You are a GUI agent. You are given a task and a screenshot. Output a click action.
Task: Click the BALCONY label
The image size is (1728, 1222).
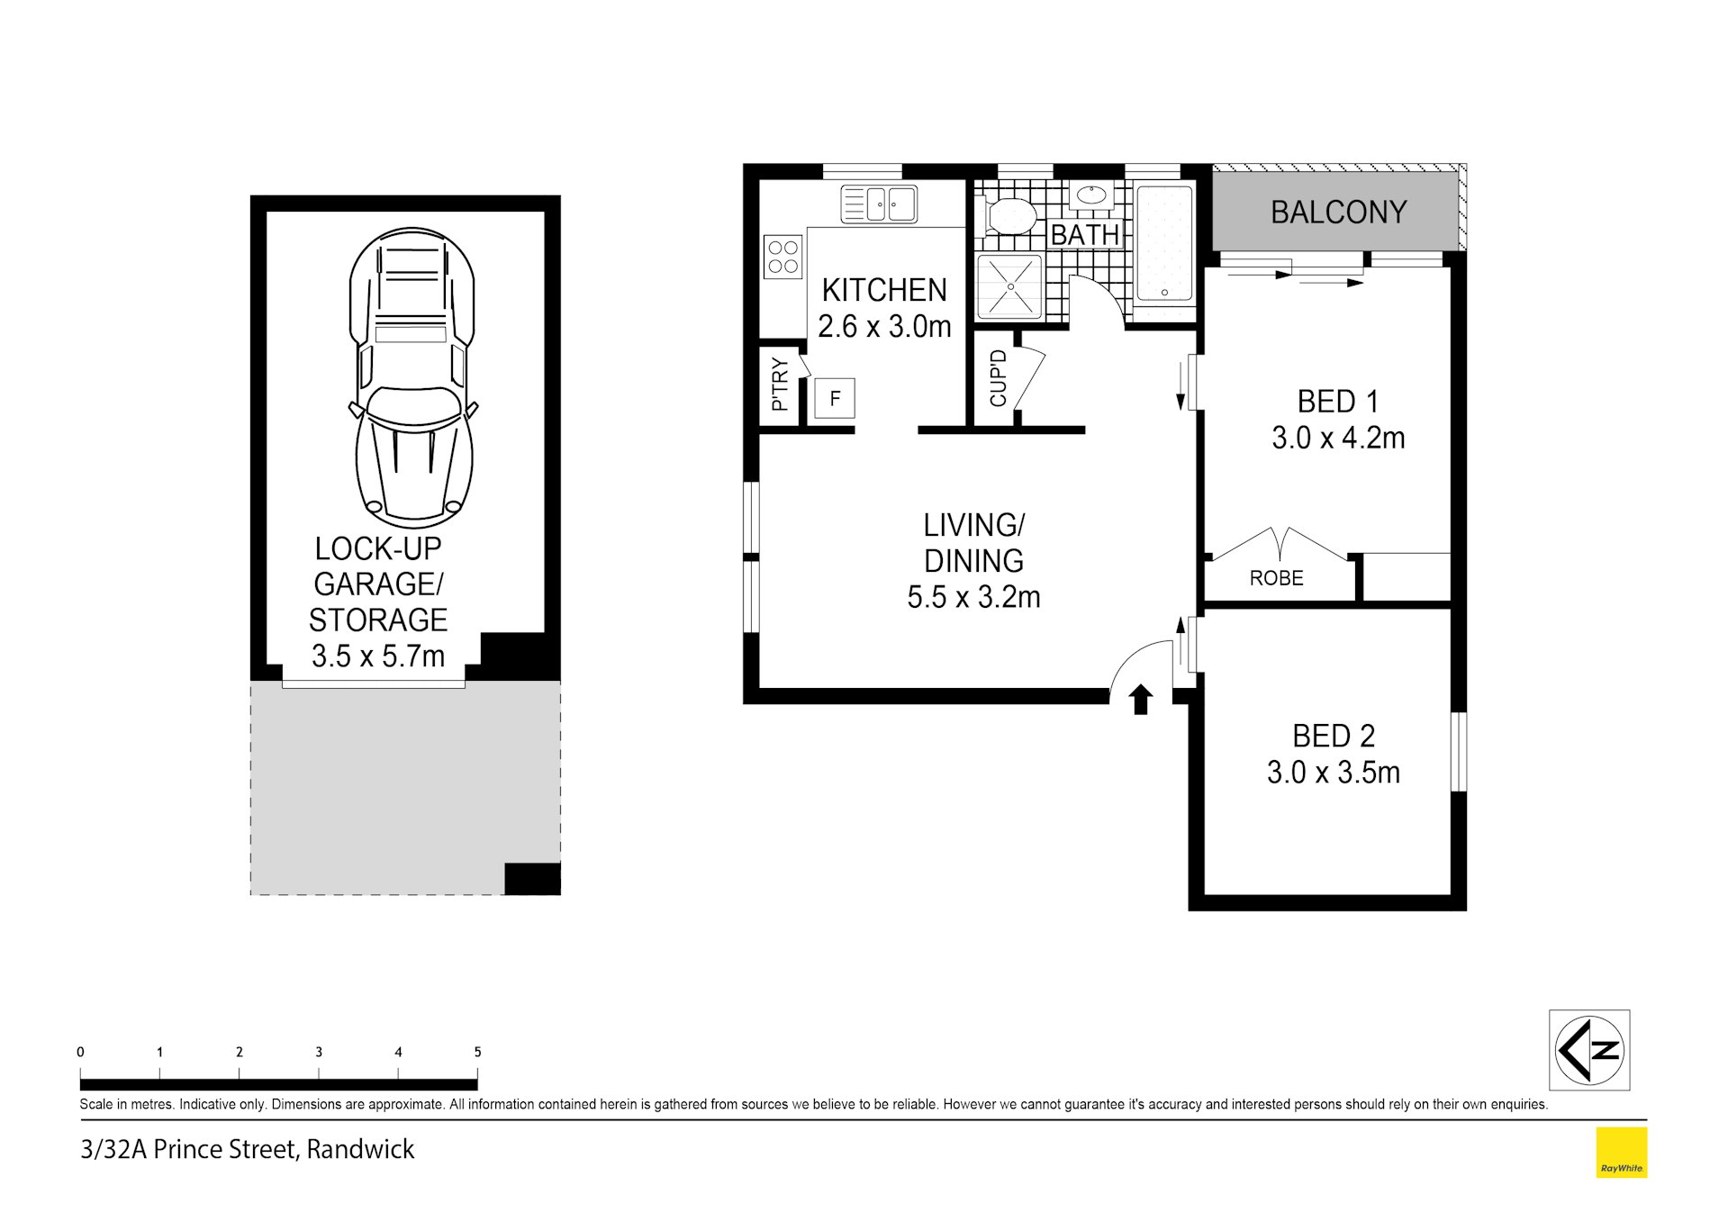click(1338, 213)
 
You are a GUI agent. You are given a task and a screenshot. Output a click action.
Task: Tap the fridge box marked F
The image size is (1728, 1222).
click(835, 398)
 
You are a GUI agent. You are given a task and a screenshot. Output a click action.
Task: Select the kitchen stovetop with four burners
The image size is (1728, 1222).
click(783, 256)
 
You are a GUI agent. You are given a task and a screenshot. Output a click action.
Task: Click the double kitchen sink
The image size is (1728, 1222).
click(878, 204)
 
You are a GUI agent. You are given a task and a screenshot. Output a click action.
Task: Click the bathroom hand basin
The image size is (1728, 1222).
click(1091, 196)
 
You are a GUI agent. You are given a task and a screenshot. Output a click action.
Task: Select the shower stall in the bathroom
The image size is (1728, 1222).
click(1010, 286)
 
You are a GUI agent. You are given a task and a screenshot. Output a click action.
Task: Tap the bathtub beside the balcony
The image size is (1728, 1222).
click(1163, 243)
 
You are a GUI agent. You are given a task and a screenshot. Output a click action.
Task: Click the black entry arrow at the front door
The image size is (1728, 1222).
click(1141, 699)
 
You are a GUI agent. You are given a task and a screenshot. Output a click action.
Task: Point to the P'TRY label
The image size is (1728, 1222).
click(780, 385)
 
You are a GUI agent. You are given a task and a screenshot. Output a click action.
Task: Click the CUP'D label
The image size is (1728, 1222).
click(997, 378)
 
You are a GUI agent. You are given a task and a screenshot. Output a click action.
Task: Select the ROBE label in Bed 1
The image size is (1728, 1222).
click(1276, 578)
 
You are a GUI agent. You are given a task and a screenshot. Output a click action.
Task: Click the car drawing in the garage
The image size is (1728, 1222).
click(413, 377)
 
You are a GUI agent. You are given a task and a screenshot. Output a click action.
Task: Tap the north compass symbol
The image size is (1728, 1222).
click(1589, 1050)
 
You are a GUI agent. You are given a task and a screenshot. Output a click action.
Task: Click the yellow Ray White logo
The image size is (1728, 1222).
click(1621, 1152)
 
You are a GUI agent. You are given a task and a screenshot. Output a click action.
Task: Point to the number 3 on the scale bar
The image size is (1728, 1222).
click(319, 1052)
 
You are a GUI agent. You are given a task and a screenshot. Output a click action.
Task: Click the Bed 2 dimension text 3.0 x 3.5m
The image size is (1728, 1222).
click(1333, 773)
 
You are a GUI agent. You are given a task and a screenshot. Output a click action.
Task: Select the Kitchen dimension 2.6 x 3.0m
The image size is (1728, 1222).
click(884, 326)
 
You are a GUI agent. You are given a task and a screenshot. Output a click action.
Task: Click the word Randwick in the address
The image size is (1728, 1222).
click(360, 1150)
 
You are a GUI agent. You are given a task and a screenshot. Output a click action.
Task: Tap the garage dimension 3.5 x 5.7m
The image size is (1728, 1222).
click(378, 656)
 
